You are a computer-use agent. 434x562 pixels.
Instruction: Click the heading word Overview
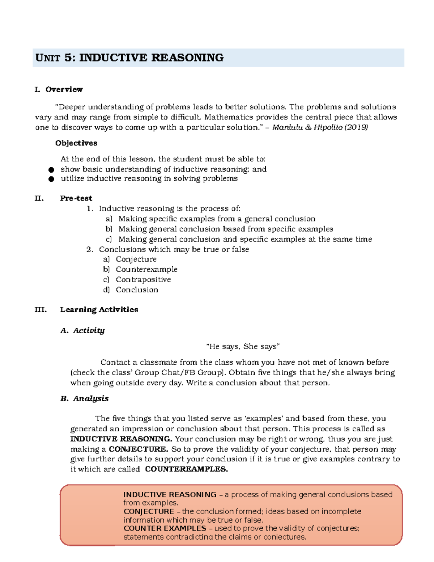[64, 89]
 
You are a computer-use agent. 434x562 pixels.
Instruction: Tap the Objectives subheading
[76, 143]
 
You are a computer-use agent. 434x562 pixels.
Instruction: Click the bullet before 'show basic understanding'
[51, 170]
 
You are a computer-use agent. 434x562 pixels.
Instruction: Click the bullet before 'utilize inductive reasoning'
[51, 179]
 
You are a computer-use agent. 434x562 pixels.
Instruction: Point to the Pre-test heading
[76, 198]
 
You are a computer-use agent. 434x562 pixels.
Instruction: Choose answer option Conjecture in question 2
[136, 259]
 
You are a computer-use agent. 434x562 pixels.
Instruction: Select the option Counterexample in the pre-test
[146, 269]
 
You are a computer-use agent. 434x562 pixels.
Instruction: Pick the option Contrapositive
[143, 279]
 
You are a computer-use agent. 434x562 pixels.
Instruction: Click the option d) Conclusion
[137, 290]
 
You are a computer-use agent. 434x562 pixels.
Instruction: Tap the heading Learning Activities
[99, 310]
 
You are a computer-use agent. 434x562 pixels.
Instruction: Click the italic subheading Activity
[89, 330]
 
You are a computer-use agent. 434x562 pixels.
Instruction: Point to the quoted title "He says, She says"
[243, 347]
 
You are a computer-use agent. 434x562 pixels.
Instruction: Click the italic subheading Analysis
[90, 398]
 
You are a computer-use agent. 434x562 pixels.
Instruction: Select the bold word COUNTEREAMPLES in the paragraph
[186, 469]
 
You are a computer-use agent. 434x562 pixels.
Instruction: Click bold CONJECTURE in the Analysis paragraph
[138, 449]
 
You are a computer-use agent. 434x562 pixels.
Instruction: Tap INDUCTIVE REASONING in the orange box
[170, 495]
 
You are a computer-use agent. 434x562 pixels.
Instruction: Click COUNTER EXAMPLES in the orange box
[165, 528]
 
